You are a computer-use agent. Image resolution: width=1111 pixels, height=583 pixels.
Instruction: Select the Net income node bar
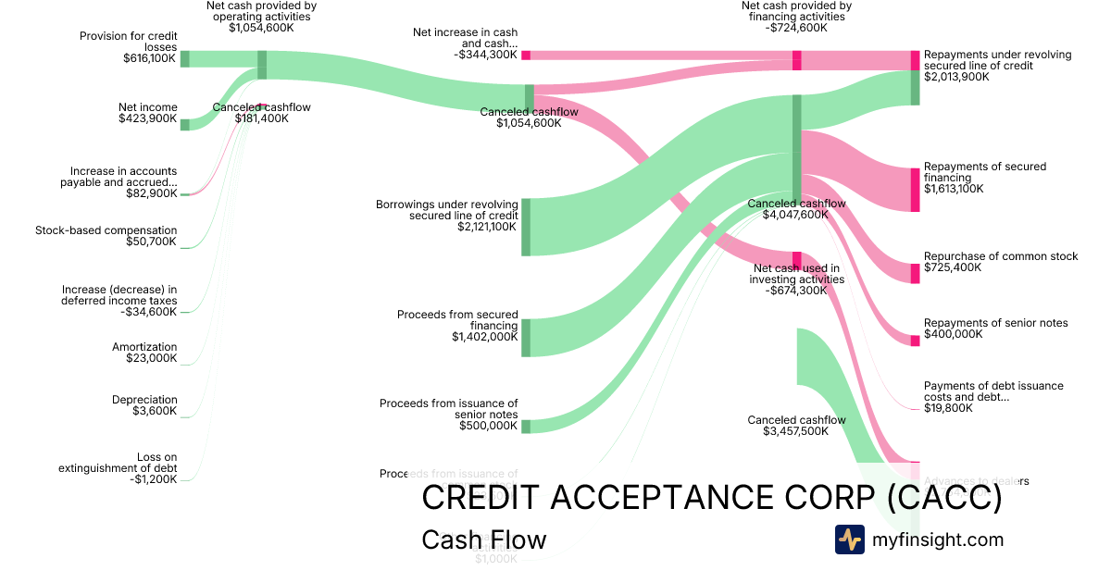[x=184, y=125]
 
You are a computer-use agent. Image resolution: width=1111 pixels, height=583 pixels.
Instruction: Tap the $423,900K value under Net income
[x=147, y=118]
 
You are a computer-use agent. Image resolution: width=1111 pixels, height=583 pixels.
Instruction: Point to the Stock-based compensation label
[x=106, y=230]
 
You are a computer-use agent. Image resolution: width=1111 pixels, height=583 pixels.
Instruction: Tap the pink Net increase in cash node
[x=526, y=56]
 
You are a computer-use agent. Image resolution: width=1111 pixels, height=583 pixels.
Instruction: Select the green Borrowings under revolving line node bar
[x=526, y=226]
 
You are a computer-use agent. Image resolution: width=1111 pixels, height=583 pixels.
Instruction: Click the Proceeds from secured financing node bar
[x=526, y=338]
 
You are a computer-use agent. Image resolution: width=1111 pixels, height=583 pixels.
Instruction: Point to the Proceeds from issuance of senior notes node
[x=526, y=426]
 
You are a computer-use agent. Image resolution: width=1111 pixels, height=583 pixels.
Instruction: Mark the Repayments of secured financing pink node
[x=915, y=190]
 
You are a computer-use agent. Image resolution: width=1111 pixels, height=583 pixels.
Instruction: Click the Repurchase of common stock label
[x=1000, y=256]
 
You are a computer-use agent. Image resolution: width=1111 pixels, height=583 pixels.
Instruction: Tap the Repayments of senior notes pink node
[x=915, y=341]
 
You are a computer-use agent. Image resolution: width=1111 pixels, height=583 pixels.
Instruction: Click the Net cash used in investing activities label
[x=796, y=274]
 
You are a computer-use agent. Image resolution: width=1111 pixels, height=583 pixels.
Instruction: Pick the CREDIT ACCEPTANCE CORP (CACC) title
[x=711, y=498]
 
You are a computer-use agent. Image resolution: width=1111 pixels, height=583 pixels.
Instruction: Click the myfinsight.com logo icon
[x=849, y=540]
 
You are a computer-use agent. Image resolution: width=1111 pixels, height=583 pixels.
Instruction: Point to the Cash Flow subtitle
[x=483, y=540]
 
